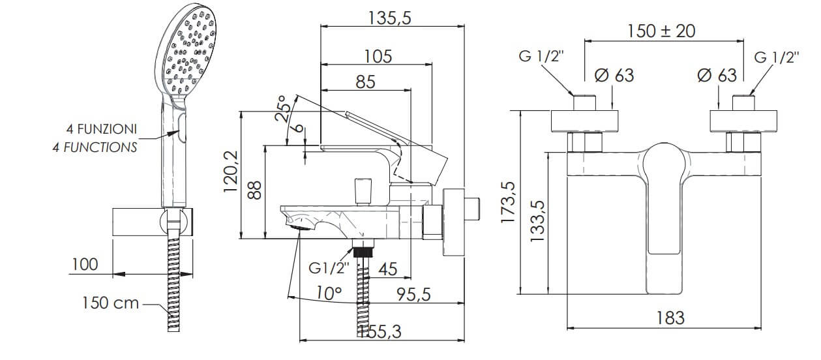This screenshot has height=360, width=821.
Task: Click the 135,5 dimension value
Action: (x=389, y=18)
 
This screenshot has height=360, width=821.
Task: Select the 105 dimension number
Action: (x=378, y=57)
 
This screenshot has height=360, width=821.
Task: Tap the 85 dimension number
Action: (x=365, y=82)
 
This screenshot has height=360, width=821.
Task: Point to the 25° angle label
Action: (x=282, y=108)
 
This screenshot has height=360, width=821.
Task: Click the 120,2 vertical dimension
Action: (x=231, y=172)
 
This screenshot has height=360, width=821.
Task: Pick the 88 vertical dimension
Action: (x=254, y=190)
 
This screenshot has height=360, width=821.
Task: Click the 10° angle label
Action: (x=329, y=293)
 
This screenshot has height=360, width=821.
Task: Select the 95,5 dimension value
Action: (x=414, y=294)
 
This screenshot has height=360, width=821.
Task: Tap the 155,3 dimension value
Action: (x=380, y=332)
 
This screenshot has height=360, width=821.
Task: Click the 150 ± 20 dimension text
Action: (x=661, y=31)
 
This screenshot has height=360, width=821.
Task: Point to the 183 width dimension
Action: (x=670, y=318)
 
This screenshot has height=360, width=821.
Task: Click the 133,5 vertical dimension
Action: (x=538, y=220)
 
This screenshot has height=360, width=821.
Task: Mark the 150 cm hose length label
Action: (x=110, y=303)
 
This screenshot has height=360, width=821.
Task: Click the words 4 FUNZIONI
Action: (x=102, y=129)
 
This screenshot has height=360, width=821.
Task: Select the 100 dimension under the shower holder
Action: (x=85, y=264)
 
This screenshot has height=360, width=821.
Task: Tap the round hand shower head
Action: (x=186, y=54)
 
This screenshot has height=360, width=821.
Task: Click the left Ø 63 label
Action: (x=614, y=76)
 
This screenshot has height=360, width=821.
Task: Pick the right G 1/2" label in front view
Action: (x=777, y=57)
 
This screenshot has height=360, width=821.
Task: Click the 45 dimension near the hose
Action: (x=388, y=269)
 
